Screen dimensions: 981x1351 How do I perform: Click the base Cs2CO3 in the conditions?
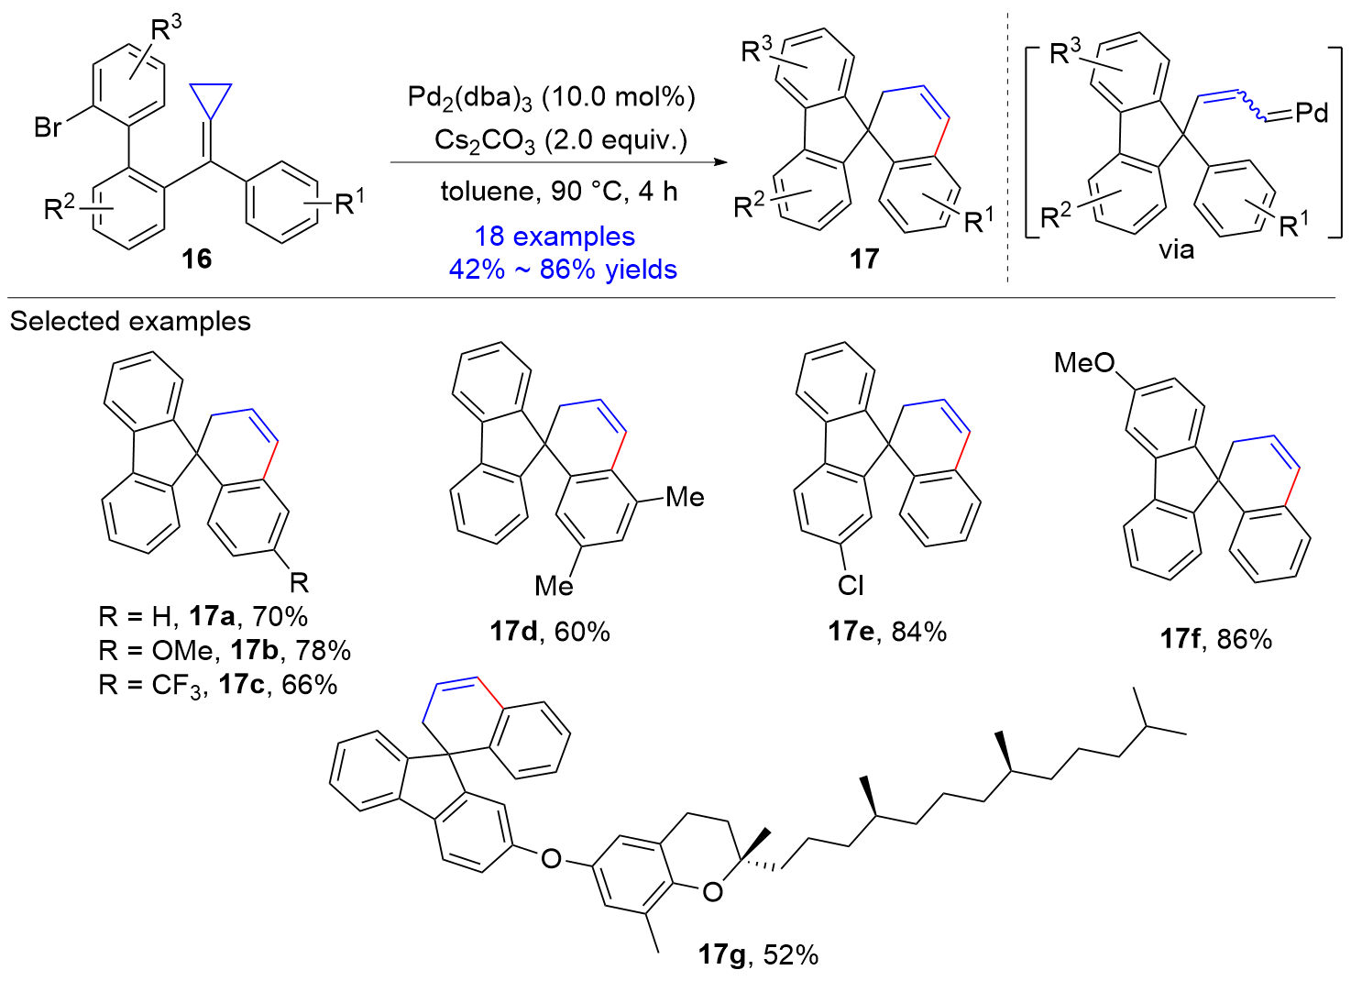tap(484, 141)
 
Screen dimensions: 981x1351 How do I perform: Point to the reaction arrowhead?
tap(719, 162)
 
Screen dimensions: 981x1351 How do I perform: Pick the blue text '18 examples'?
tap(555, 237)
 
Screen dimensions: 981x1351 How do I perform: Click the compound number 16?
tap(196, 259)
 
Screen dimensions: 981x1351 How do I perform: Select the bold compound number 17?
tap(863, 259)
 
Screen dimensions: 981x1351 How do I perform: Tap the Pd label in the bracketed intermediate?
tap(1312, 113)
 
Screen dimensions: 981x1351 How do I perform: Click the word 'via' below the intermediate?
tap(1176, 249)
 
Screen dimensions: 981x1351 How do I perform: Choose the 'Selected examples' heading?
tap(130, 321)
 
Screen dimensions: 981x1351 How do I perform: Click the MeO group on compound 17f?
tap(1083, 363)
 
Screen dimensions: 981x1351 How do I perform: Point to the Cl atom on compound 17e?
tap(850, 585)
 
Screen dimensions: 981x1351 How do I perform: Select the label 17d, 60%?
tap(550, 632)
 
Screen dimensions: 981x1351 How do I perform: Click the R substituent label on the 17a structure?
tap(299, 582)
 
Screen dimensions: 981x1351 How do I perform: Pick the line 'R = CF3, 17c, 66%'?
tap(218, 685)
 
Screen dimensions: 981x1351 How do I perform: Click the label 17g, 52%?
tap(758, 955)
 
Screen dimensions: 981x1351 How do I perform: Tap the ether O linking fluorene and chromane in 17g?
tap(551, 858)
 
